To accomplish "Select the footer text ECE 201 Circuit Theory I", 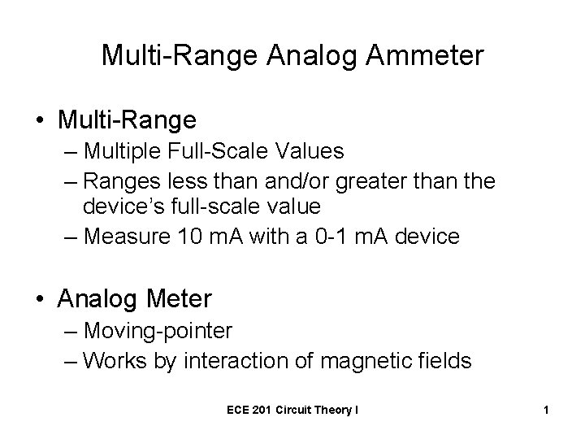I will [292, 411].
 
